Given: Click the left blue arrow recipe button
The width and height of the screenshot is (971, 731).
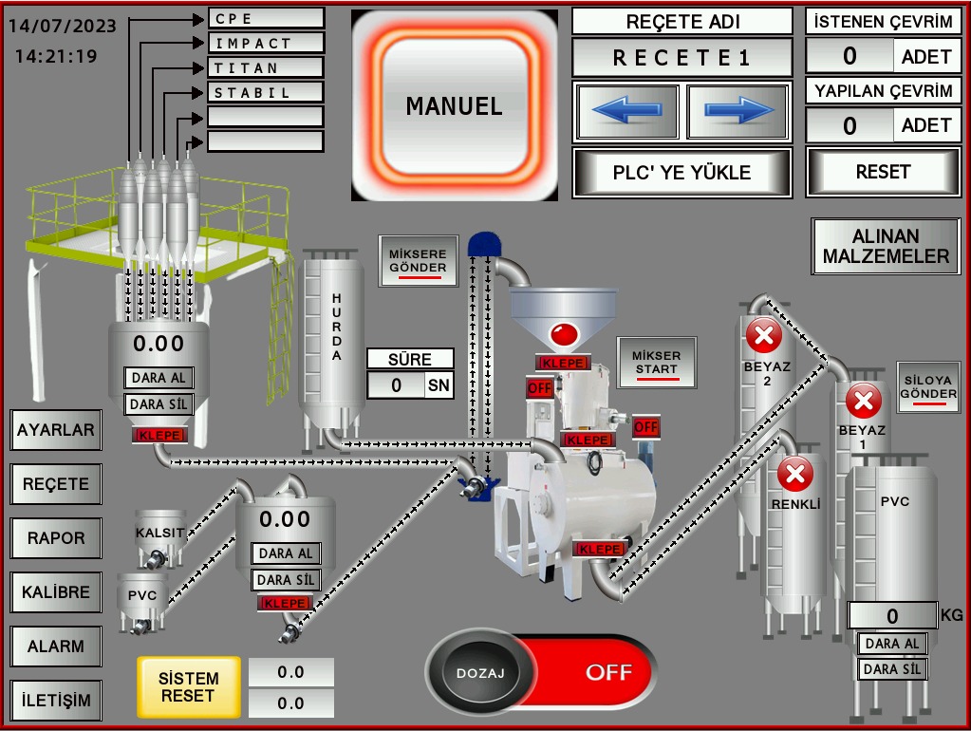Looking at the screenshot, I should (626, 112).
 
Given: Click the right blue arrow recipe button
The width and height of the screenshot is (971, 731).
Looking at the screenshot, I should (738, 112).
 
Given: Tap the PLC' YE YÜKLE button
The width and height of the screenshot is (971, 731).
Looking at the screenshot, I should (682, 173).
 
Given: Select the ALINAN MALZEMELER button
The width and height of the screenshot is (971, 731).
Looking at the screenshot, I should (886, 247).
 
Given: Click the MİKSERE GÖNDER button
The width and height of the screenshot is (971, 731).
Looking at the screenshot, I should (419, 261).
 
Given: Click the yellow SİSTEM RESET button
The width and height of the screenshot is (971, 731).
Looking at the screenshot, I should (188, 687).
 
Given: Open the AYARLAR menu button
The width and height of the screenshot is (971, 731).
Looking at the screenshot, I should (56, 430).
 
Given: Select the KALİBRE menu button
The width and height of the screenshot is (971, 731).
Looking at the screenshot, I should (56, 592).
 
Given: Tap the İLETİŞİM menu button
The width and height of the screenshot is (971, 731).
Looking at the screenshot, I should (56, 701).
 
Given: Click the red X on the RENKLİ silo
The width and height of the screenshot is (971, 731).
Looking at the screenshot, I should (795, 472).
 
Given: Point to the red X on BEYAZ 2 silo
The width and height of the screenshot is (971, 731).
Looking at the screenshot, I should (764, 334).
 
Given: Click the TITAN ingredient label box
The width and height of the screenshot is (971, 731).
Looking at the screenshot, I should (266, 68).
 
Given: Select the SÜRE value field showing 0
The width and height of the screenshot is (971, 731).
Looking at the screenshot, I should (396, 384).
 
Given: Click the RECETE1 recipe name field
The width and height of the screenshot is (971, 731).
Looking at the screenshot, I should (682, 58).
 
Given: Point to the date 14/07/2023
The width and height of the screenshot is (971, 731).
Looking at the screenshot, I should (63, 26).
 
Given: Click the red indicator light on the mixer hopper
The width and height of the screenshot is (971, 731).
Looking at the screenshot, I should (564, 332).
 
